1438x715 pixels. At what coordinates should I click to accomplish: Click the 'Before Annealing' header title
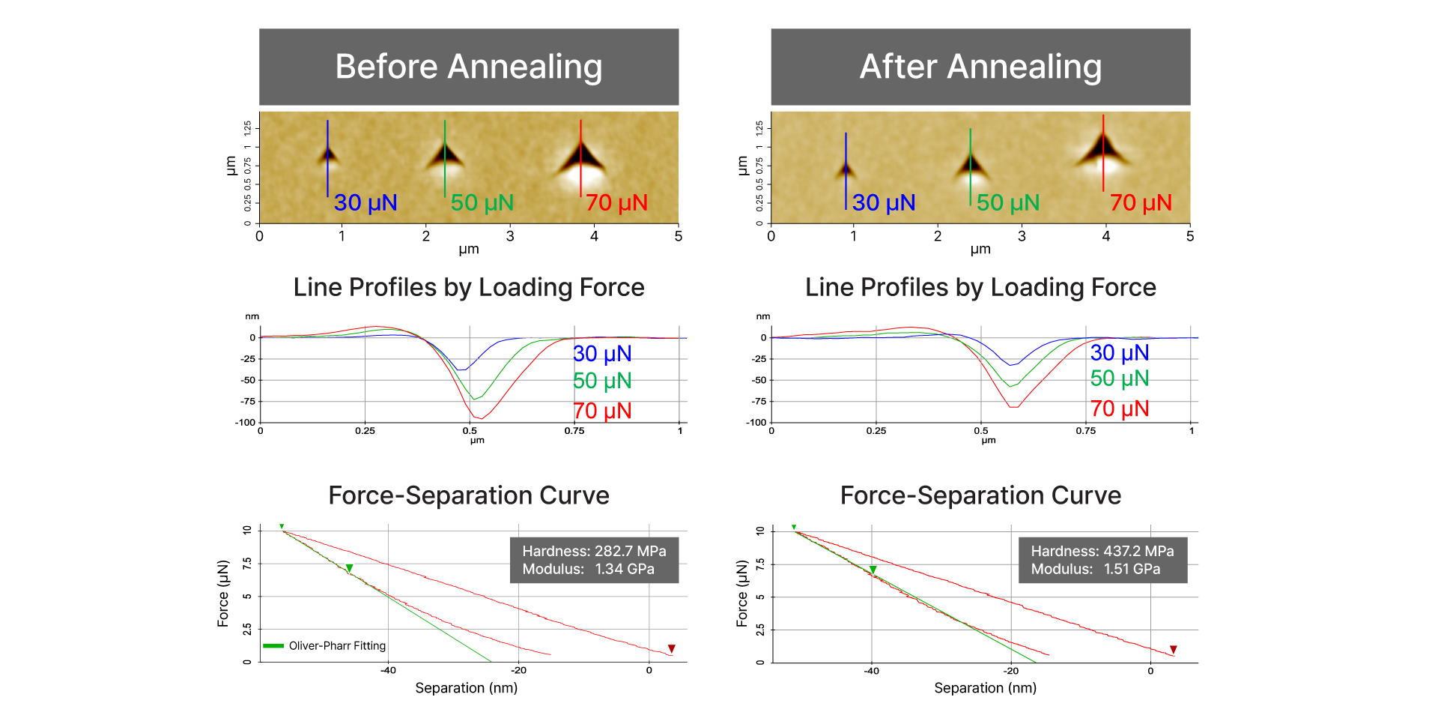pyautogui.click(x=468, y=67)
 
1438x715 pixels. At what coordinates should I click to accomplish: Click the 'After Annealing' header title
pyautogui.click(x=980, y=67)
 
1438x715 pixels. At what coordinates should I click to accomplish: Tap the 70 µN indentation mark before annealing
pyautogui.click(x=581, y=157)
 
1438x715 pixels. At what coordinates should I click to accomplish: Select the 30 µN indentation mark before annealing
pyautogui.click(x=327, y=156)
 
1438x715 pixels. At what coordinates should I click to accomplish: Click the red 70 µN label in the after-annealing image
pyautogui.click(x=1141, y=202)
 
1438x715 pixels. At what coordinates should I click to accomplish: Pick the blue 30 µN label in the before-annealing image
pyautogui.click(x=365, y=202)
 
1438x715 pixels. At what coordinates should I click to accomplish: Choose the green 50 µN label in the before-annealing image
pyautogui.click(x=482, y=202)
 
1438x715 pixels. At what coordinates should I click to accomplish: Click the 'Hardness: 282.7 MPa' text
pyautogui.click(x=594, y=551)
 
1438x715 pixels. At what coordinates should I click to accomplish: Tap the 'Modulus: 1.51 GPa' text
pyautogui.click(x=1095, y=569)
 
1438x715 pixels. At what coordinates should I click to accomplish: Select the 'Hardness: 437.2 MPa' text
pyautogui.click(x=1102, y=551)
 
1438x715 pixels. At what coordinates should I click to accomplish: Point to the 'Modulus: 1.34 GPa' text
pyautogui.click(x=588, y=569)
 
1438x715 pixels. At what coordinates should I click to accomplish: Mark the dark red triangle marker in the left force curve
pyautogui.click(x=672, y=649)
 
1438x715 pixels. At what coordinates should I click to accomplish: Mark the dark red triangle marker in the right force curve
pyautogui.click(x=1174, y=650)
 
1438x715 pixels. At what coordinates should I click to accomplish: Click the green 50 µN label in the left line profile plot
pyautogui.click(x=602, y=381)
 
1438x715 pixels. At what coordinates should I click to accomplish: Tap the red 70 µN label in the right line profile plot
pyautogui.click(x=1120, y=408)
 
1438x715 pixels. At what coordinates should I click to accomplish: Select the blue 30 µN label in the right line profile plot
pyautogui.click(x=1120, y=352)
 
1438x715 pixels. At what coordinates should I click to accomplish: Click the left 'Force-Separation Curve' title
pyautogui.click(x=468, y=495)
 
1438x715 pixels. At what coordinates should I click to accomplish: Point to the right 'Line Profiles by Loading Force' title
pyautogui.click(x=980, y=287)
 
